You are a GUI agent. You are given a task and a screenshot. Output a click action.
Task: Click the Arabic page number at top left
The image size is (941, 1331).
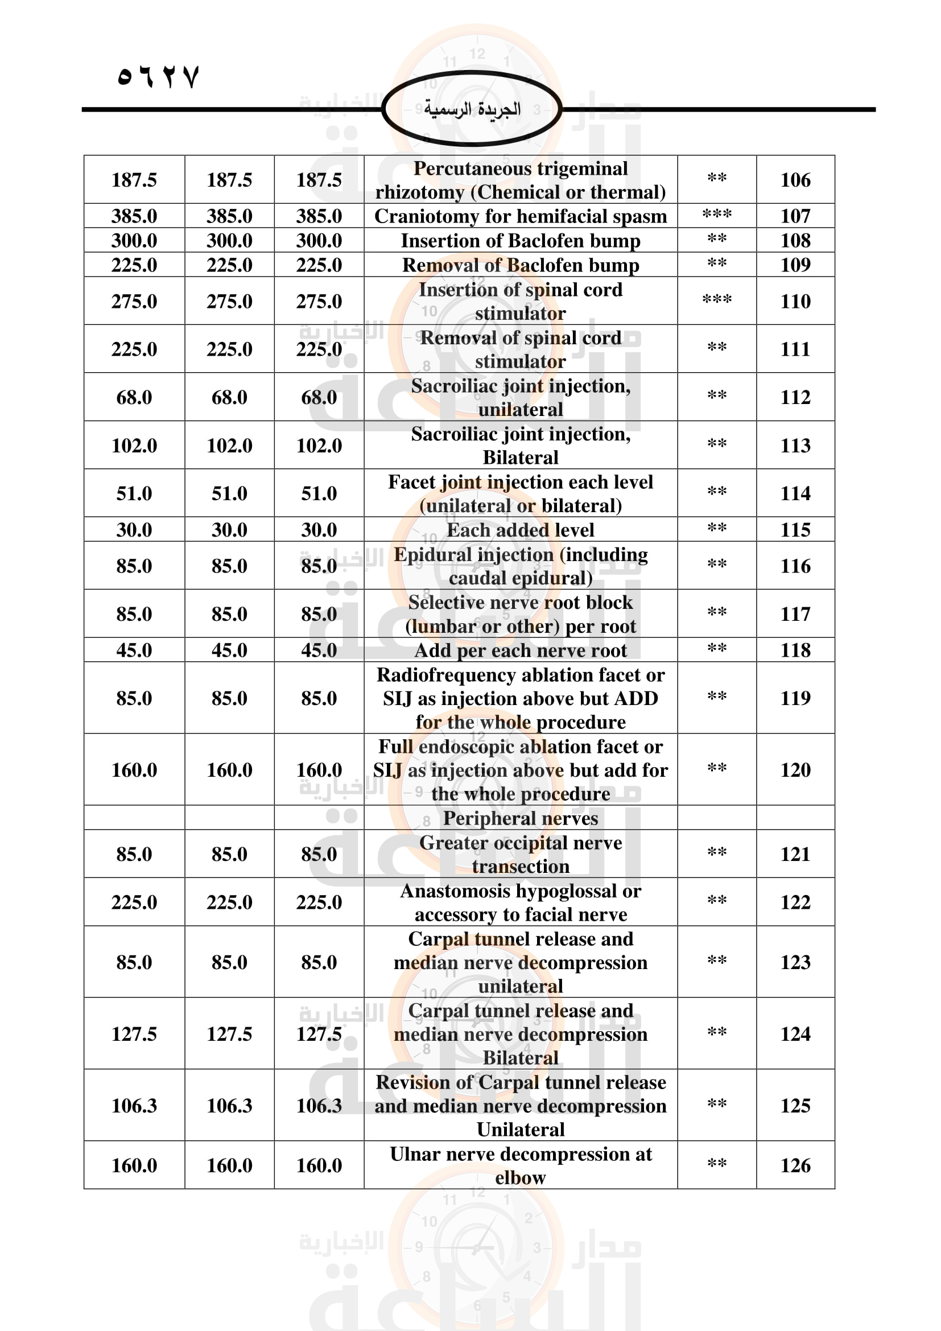(158, 76)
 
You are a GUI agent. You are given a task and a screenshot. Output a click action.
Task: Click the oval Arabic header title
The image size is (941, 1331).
(472, 109)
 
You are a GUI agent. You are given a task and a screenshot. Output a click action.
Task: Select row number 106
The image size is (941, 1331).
(795, 180)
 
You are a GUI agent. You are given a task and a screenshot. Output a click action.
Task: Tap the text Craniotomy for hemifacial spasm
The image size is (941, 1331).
(521, 216)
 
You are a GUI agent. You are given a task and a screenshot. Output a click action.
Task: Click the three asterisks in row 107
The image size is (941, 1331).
(717, 215)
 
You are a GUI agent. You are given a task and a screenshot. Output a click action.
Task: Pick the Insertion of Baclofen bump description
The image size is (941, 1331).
(521, 241)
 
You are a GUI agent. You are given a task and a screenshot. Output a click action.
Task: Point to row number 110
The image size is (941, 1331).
(795, 301)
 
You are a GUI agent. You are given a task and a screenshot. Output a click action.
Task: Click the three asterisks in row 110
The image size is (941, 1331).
(717, 299)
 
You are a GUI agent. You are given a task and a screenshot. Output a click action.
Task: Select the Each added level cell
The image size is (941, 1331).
(521, 530)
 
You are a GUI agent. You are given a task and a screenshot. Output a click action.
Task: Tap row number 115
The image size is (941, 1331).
(795, 530)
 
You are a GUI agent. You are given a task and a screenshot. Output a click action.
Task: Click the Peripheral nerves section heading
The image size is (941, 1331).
(521, 818)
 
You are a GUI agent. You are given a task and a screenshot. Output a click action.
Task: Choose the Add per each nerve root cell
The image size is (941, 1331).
(521, 650)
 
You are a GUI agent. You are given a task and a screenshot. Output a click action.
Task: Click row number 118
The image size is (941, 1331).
(795, 650)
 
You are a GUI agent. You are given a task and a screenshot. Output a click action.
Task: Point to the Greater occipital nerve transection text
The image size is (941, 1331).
(521, 854)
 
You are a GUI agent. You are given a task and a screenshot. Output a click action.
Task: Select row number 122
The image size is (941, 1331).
(795, 902)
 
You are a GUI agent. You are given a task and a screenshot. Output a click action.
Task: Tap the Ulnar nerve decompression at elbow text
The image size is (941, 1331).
(521, 1165)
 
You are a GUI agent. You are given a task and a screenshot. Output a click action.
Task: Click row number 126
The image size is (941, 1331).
(795, 1165)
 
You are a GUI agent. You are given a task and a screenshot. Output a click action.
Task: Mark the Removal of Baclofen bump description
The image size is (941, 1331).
(521, 265)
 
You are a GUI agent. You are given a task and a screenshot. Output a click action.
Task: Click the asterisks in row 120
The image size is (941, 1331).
(717, 768)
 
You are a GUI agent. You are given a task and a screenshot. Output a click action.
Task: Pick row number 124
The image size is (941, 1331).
(795, 1033)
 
